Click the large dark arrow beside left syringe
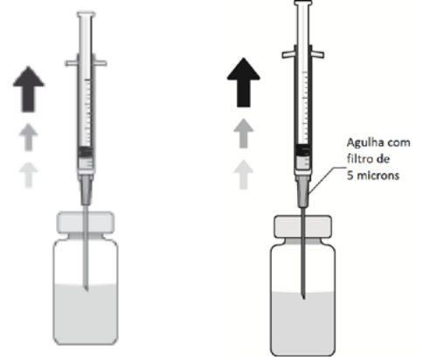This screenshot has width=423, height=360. (x=29, y=89)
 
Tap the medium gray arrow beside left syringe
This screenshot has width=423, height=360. (x=28, y=137)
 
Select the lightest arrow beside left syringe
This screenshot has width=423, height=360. (x=28, y=176)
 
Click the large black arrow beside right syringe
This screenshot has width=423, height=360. (x=244, y=82)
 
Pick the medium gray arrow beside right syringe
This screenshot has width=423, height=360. (x=244, y=134)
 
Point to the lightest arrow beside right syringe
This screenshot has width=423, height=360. (x=244, y=175)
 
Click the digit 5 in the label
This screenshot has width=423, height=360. (x=350, y=176)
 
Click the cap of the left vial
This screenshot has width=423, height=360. (x=86, y=223)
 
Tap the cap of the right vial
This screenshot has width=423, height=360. (x=303, y=226)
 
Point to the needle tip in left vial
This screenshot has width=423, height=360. (x=87, y=290)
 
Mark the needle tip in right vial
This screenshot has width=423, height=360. (x=303, y=299)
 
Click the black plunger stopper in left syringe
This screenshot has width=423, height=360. (x=86, y=152)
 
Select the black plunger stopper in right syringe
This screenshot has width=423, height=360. (x=303, y=150)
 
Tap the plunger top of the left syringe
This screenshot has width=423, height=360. (x=86, y=14)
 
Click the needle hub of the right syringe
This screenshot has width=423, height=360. (x=303, y=191)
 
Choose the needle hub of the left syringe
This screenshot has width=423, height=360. (x=86, y=190)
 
